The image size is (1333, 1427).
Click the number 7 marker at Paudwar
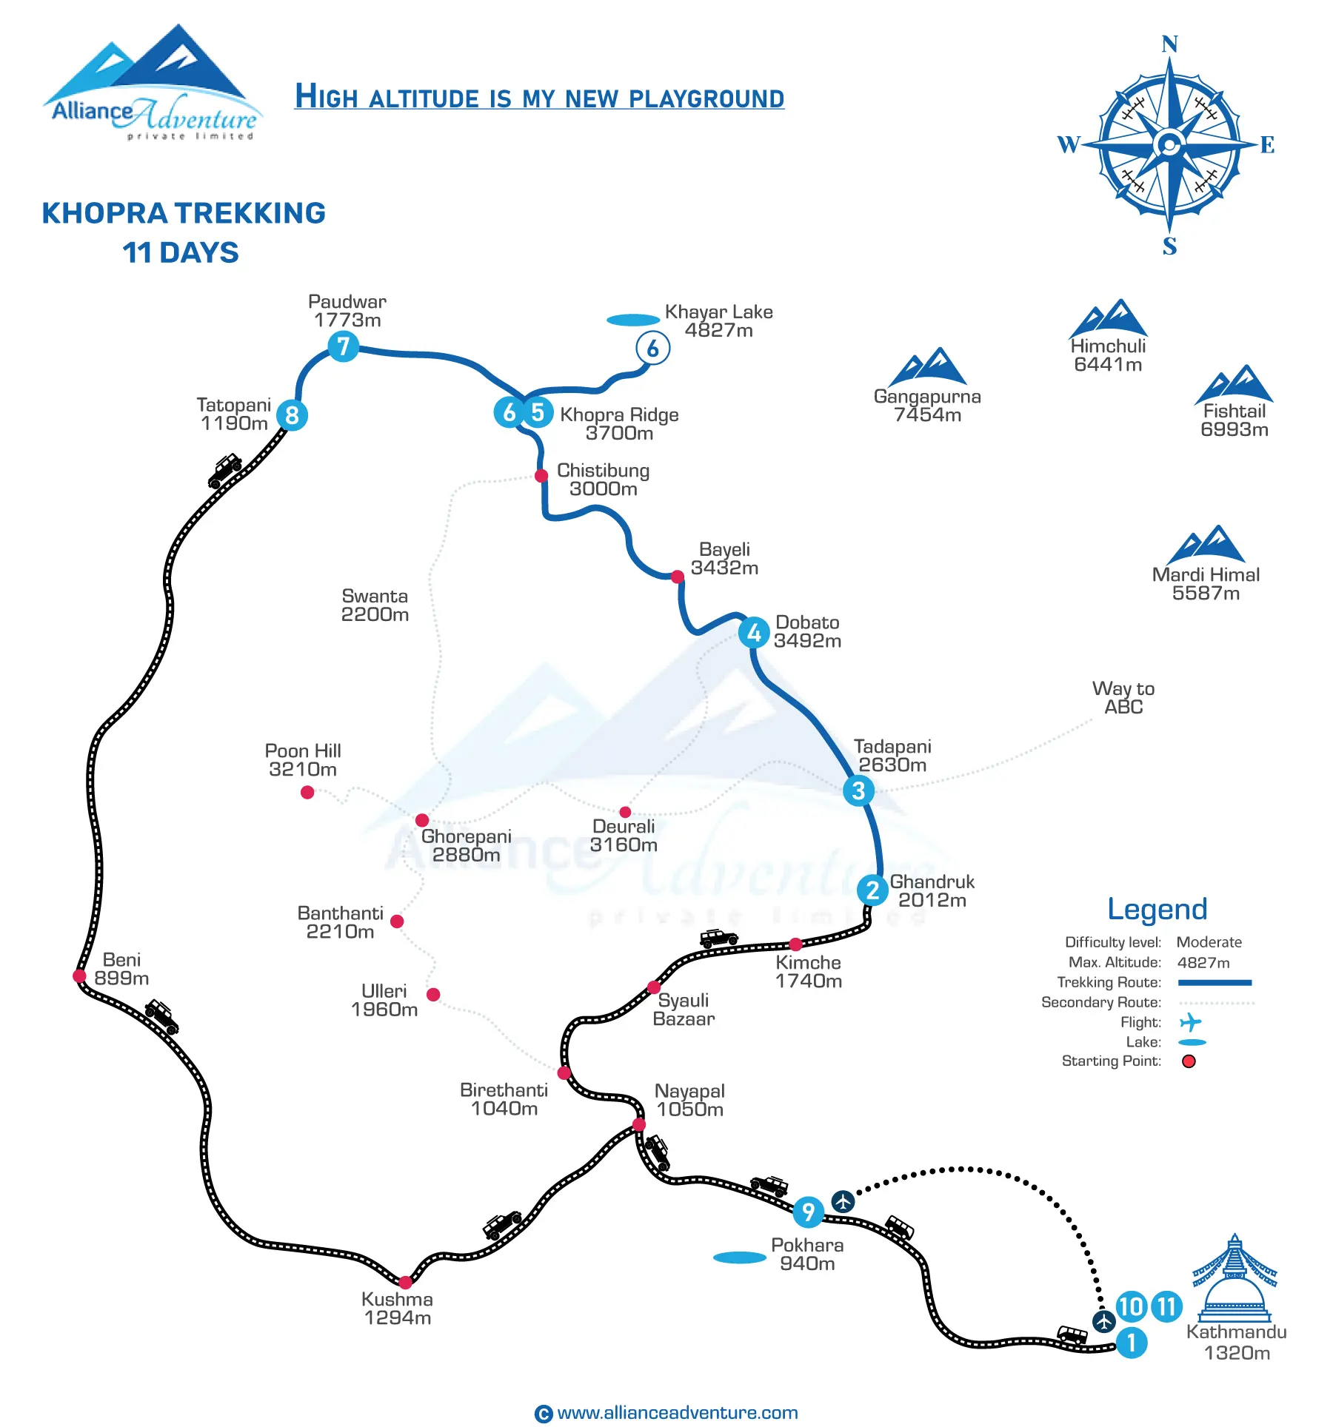[x=343, y=346]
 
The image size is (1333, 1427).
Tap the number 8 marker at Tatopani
[x=292, y=415]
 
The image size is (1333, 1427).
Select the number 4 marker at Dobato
[x=754, y=633]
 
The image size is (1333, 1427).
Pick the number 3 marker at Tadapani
[x=858, y=790]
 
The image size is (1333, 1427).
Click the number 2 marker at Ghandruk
[x=873, y=890]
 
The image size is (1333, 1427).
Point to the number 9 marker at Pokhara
[x=809, y=1212]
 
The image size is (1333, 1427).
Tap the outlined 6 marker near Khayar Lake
[x=652, y=348]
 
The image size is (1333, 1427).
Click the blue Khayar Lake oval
[x=633, y=320]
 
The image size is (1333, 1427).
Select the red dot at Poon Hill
[x=307, y=792]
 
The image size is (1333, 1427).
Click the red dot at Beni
[x=80, y=976]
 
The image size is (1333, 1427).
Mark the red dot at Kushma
[x=405, y=1282]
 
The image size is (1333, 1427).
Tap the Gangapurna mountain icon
[x=928, y=366]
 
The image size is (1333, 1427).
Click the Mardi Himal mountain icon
[x=1206, y=544]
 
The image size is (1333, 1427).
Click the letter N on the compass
[x=1170, y=44]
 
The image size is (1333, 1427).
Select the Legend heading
[x=1157, y=909]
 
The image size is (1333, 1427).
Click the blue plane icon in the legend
[x=1190, y=1022]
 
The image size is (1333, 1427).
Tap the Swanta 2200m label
[x=375, y=605]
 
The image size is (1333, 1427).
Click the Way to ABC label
[x=1123, y=697]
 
